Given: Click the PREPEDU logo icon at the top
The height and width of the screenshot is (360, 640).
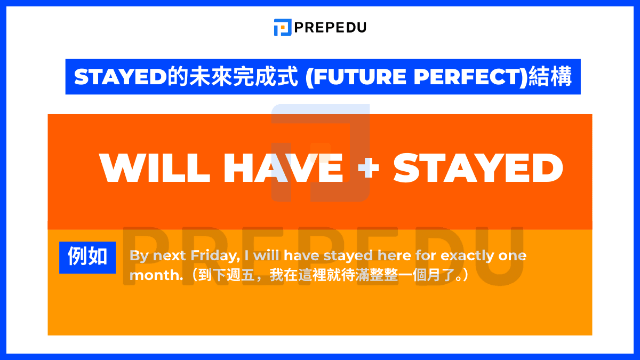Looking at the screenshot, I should (283, 27).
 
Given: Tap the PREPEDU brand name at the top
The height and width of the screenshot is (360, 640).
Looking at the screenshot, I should (330, 27).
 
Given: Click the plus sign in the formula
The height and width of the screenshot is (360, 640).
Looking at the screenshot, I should (367, 168).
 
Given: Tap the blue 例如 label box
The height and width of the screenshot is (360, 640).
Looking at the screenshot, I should (87, 258).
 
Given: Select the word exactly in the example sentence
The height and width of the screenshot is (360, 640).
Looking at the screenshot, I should (468, 255).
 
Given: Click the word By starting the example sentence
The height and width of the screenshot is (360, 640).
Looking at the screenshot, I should (139, 255).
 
